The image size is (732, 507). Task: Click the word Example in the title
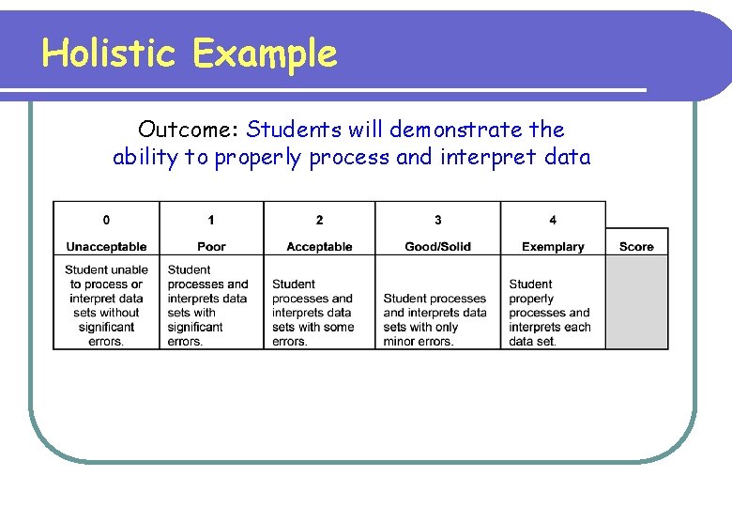pyautogui.click(x=264, y=55)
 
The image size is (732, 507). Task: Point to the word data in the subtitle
pyautogui.click(x=567, y=158)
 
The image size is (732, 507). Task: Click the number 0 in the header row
pyautogui.click(x=106, y=220)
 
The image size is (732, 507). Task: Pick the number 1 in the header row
pyautogui.click(x=211, y=220)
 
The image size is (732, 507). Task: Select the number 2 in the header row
pyautogui.click(x=319, y=220)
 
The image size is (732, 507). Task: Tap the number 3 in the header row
pyautogui.click(x=437, y=220)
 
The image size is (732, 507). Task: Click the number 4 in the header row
pyautogui.click(x=553, y=220)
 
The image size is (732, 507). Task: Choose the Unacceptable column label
pyautogui.click(x=106, y=247)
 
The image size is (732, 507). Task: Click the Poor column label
pyautogui.click(x=211, y=247)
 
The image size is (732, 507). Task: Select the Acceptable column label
pyautogui.click(x=319, y=247)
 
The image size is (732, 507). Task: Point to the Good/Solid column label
pyautogui.click(x=437, y=247)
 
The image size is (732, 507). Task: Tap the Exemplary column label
pyautogui.click(x=553, y=247)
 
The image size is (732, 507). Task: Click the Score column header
pyautogui.click(x=636, y=247)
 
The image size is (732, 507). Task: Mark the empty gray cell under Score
pyautogui.click(x=636, y=302)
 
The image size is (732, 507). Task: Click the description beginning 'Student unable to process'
pyautogui.click(x=106, y=305)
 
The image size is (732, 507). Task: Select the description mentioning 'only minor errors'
pyautogui.click(x=435, y=319)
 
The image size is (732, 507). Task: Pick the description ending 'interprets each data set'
pyautogui.click(x=550, y=313)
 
